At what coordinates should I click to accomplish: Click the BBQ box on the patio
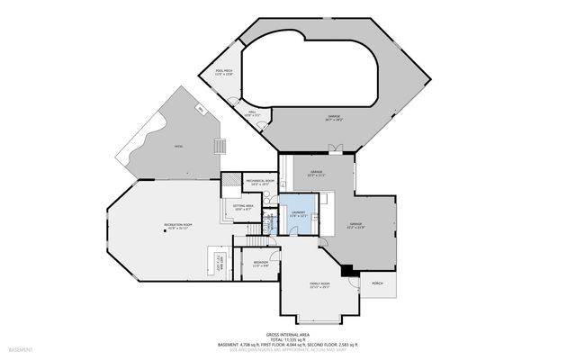200,110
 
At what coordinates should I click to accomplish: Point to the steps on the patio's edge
218,147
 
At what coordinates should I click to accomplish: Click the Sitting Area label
243,208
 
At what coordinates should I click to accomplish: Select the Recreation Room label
179,225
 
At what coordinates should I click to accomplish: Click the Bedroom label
260,264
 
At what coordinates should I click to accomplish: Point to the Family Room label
319,286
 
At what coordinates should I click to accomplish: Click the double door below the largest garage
335,148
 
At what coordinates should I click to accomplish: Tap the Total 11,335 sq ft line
287,338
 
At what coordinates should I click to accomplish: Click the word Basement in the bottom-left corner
20,349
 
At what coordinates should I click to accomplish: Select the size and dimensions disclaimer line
287,349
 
